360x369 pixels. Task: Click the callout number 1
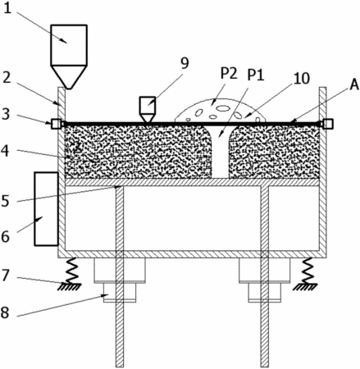click(x=7, y=8)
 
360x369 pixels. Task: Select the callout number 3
click(x=6, y=114)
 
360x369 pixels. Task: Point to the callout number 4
click(x=6, y=150)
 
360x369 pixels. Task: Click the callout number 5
click(x=6, y=201)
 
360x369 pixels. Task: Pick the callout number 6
click(x=6, y=236)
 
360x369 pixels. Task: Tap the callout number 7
click(x=6, y=276)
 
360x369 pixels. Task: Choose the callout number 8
click(x=6, y=312)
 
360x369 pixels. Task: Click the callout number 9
click(x=185, y=63)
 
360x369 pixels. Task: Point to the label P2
click(x=229, y=74)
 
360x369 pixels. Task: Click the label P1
click(x=256, y=75)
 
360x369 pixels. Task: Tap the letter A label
click(x=354, y=85)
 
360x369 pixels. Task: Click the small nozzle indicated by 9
click(x=148, y=109)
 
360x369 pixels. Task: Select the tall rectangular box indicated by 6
click(x=46, y=209)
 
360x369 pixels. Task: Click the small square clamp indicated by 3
click(x=56, y=124)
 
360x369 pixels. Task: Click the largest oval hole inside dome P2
click(x=223, y=108)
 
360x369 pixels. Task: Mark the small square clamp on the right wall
click(x=328, y=124)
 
